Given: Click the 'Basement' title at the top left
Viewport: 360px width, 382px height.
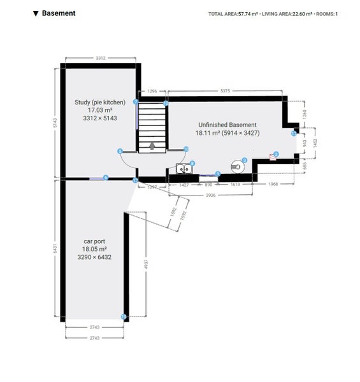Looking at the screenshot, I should tap(58, 13).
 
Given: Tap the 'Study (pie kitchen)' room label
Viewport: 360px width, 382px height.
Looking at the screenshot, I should tap(99, 102).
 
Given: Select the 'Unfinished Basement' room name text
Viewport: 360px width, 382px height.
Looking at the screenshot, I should tap(227, 125).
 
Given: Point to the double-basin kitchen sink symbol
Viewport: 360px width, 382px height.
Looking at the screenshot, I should tap(184, 169).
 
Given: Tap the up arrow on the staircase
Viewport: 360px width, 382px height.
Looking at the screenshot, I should tap(152, 145).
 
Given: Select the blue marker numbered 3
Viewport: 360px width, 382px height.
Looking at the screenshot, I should tap(244, 160).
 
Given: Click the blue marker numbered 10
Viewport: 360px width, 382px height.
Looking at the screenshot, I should tap(186, 149).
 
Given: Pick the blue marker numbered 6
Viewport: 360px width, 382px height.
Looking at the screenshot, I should tap(106, 178).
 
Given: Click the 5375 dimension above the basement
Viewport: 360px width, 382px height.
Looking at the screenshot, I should tap(224, 91).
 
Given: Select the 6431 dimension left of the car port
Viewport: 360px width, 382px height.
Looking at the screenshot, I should tap(56, 248).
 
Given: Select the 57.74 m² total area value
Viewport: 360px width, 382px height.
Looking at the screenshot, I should tap(247, 13).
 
